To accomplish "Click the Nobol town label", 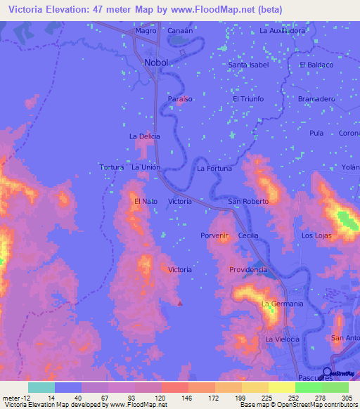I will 156,63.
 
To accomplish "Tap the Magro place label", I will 146,32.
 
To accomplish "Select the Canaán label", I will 179,32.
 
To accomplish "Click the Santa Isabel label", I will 249,65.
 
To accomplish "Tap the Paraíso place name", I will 180,100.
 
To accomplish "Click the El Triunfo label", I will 248,99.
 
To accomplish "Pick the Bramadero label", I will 316,99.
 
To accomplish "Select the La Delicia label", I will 144,136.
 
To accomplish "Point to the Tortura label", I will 111,167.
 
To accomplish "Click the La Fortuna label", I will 214,169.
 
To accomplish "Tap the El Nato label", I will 146,202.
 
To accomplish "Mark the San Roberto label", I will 248,202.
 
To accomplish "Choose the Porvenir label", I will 215,235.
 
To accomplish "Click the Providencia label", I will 247,270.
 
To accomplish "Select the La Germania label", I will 282,304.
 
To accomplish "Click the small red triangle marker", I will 179,304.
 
